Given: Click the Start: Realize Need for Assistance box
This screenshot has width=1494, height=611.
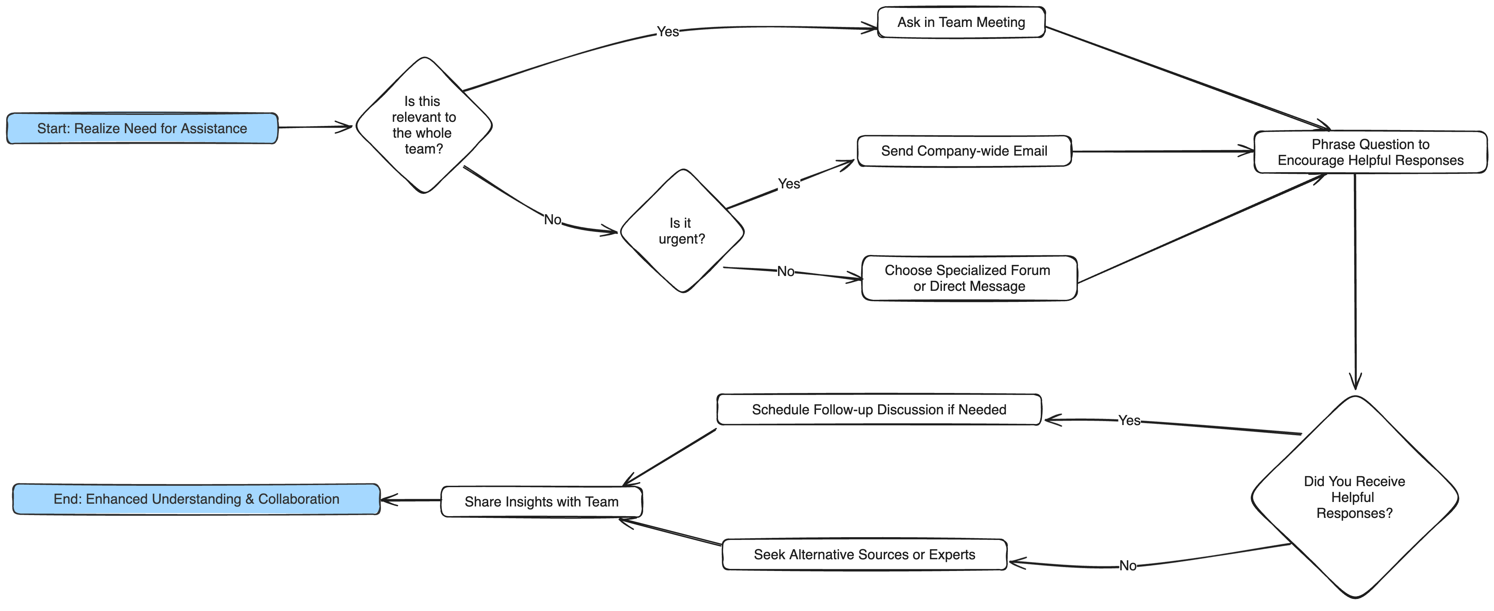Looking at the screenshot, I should point(142,128).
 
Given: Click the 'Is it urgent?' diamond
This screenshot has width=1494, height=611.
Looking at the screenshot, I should point(682,231).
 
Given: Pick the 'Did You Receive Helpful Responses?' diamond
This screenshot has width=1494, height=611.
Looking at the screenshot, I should point(1355,497).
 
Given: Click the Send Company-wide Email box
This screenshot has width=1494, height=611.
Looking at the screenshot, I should point(964,151).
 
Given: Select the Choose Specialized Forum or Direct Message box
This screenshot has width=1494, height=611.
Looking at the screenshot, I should point(969,278).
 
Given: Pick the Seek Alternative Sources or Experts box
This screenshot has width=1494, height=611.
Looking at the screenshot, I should point(864,555).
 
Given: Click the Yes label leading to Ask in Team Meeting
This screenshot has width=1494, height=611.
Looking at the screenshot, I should point(668,32).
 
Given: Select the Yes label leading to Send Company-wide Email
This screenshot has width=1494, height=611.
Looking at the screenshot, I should point(789,184).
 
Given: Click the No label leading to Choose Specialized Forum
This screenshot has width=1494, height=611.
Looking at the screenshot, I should point(786,271).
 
